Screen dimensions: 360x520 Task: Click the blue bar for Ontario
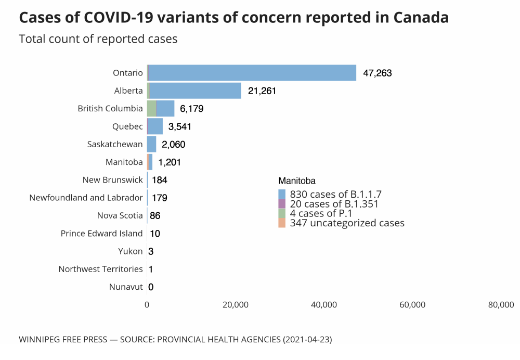pyautogui.click(x=253, y=73)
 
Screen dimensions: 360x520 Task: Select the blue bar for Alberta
pyautogui.click(x=196, y=91)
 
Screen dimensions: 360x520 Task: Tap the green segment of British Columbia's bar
pyautogui.click(x=151, y=108)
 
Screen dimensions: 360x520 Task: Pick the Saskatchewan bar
pyautogui.click(x=151, y=144)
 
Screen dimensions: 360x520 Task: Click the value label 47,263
pyautogui.click(x=377, y=73)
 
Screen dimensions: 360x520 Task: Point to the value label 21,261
pyautogui.click(x=262, y=91)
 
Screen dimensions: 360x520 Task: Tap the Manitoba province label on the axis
pyautogui.click(x=124, y=162)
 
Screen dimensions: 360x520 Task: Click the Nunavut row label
pyautogui.click(x=126, y=287)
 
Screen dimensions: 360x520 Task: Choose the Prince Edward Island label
pyautogui.click(x=101, y=233)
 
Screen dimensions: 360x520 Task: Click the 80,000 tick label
pyautogui.click(x=501, y=305)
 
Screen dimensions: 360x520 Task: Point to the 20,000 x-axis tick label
pyautogui.click(x=236, y=305)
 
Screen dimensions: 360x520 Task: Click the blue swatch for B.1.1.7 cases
pyautogui.click(x=282, y=194)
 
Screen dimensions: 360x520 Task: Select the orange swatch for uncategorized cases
pyautogui.click(x=282, y=223)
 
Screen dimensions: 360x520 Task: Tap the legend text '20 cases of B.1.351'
pyautogui.click(x=334, y=204)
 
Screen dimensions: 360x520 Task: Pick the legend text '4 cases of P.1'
pyautogui.click(x=321, y=213)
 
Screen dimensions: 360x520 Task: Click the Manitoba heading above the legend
pyautogui.click(x=297, y=181)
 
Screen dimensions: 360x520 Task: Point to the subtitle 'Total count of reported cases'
pyautogui.click(x=98, y=39)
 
